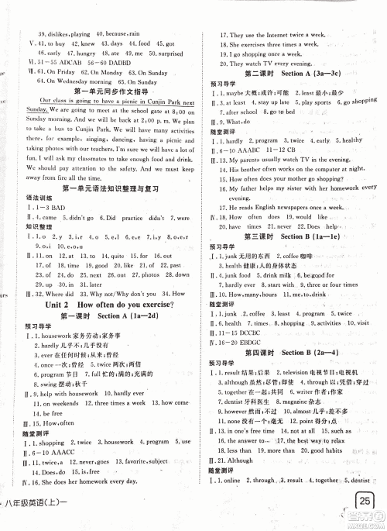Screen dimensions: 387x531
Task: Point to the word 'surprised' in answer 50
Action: (161, 55)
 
